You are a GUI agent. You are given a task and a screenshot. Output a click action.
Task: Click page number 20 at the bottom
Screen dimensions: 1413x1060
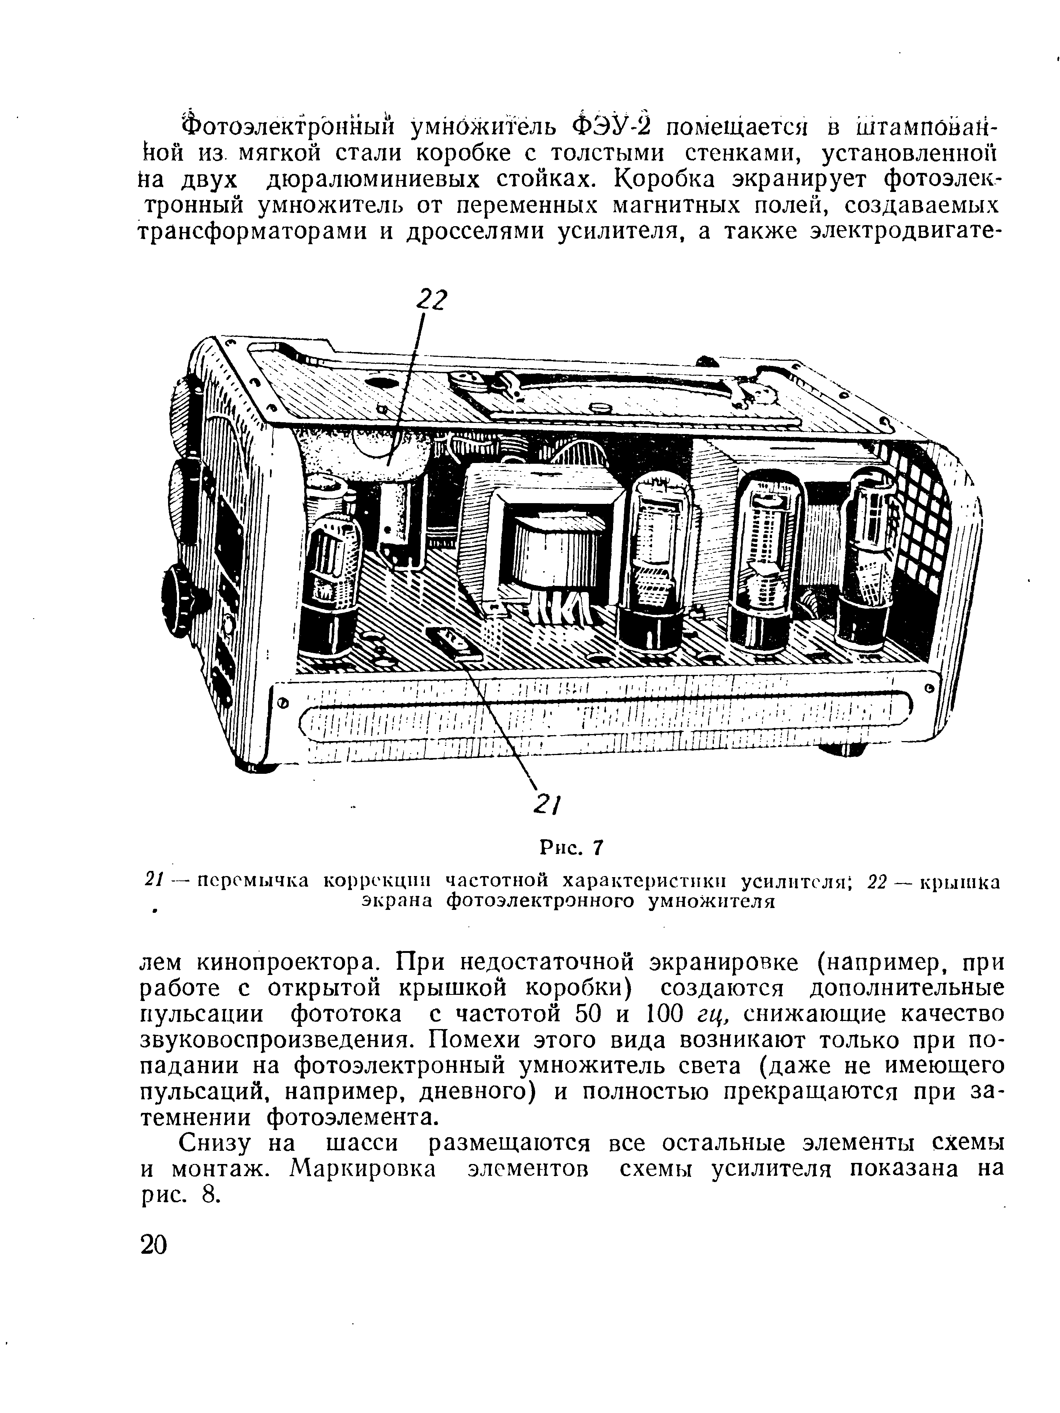point(153,1263)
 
